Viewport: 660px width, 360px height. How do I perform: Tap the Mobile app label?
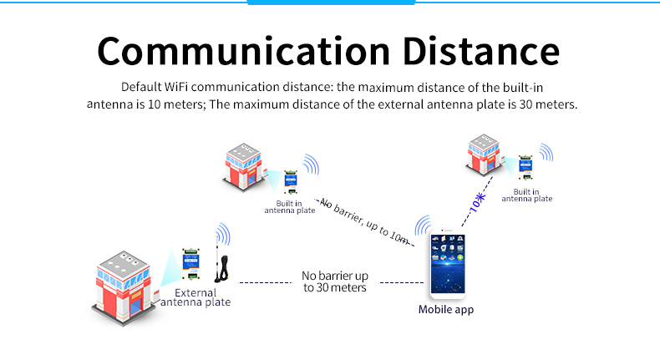pyautogui.click(x=446, y=310)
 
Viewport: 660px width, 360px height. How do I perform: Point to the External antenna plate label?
pyautogui.click(x=195, y=297)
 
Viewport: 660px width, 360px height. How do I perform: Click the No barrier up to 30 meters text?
pyautogui.click(x=334, y=281)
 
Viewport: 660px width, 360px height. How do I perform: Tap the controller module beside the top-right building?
pyautogui.click(x=525, y=167)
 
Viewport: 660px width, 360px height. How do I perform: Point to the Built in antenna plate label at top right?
pyautogui.click(x=526, y=195)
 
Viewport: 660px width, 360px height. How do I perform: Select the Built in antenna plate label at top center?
pyautogui.click(x=289, y=207)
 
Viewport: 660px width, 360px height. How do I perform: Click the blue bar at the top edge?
pyautogui.click(x=332, y=3)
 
